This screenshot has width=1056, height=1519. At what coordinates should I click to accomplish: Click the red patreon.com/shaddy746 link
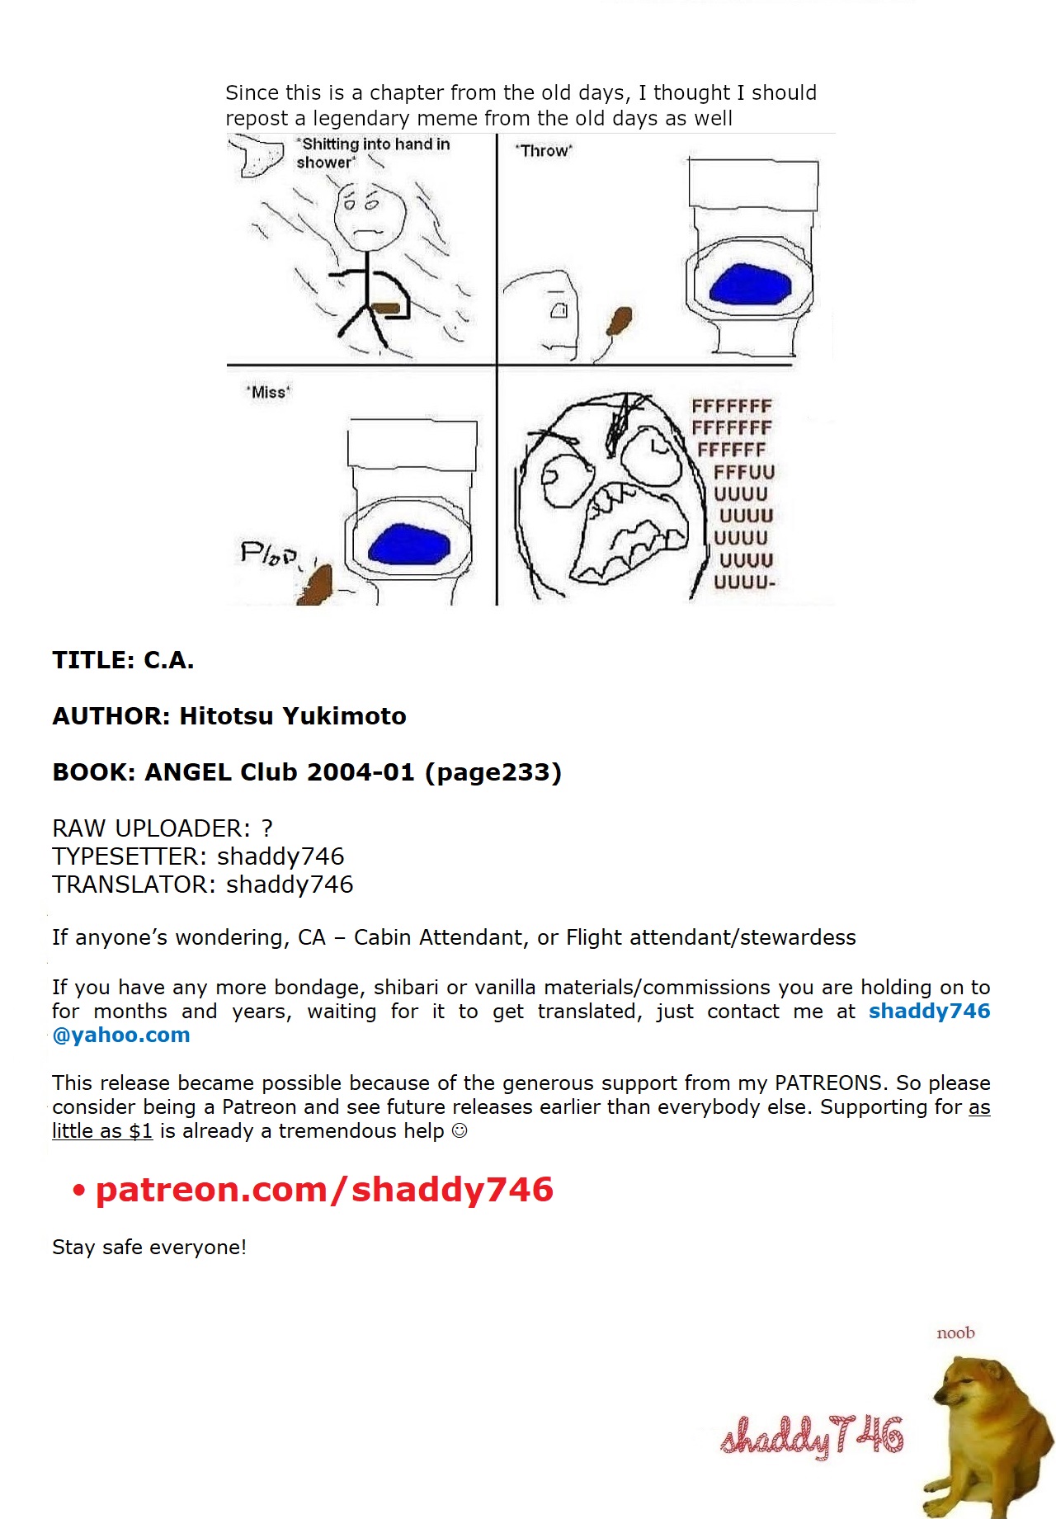pyautogui.click(x=324, y=1190)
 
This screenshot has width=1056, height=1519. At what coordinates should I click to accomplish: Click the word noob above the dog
pyautogui.click(x=955, y=1333)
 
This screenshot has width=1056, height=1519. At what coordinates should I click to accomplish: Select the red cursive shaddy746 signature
pyautogui.click(x=813, y=1436)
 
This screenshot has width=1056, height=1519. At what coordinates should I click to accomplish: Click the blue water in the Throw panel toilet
pyautogui.click(x=750, y=284)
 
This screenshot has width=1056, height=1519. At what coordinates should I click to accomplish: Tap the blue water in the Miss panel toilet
pyautogui.click(x=409, y=545)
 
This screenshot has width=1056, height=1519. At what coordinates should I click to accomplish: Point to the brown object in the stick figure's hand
pyautogui.click(x=386, y=309)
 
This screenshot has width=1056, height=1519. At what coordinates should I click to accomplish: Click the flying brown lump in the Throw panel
pyautogui.click(x=620, y=320)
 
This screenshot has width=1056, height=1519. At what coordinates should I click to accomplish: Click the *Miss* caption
pyautogui.click(x=269, y=392)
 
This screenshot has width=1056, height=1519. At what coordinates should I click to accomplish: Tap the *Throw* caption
pyautogui.click(x=544, y=151)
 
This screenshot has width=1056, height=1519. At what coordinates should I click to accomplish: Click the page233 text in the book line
pyautogui.click(x=493, y=772)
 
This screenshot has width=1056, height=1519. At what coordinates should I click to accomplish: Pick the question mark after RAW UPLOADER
pyautogui.click(x=266, y=828)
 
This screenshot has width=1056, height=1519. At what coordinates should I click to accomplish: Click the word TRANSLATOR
pyautogui.click(x=134, y=885)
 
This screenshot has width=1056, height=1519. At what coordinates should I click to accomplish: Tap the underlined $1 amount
pyautogui.click(x=141, y=1131)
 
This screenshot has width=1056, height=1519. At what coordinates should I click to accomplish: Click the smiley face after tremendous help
pyautogui.click(x=460, y=1131)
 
